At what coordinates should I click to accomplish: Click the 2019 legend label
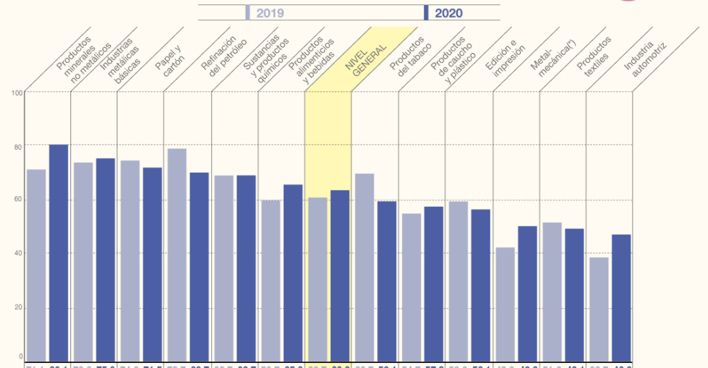coord(270,13)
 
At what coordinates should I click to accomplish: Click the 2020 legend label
coord(449,13)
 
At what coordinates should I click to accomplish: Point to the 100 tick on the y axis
coord(17,93)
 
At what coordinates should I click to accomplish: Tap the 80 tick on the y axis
coord(17,147)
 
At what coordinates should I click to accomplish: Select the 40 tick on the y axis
coord(17,254)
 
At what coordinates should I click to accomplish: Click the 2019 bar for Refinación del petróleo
coord(176,254)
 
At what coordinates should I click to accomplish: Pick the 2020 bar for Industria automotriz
coord(621,298)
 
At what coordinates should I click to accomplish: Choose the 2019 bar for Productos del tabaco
coord(364,266)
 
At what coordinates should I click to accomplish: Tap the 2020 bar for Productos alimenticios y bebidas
coord(293,272)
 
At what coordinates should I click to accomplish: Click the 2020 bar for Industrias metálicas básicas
coord(105,260)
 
